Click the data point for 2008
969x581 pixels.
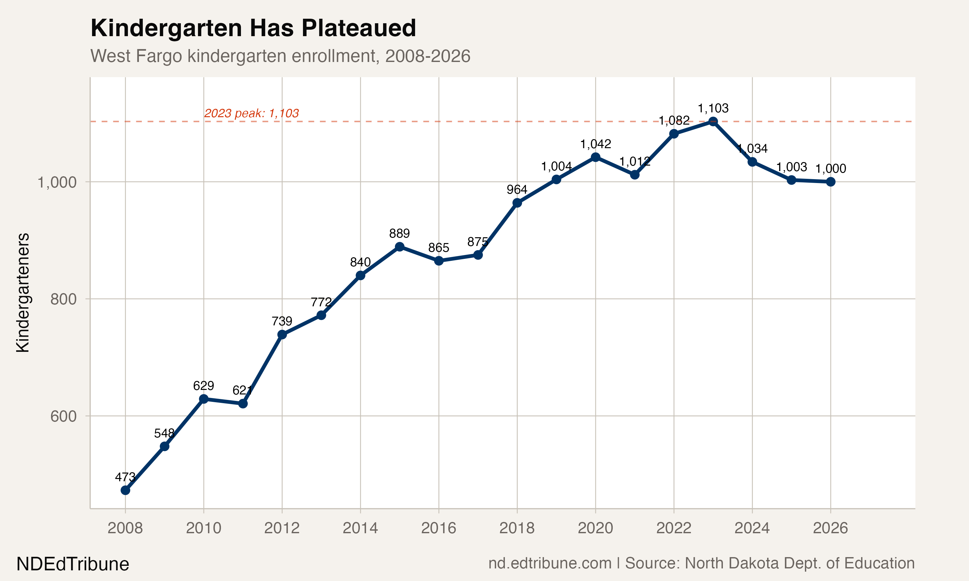[125, 490]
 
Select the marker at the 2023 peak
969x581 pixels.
[713, 121]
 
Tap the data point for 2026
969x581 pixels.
[830, 182]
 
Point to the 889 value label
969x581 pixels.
[399, 234]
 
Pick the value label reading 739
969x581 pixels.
[282, 321]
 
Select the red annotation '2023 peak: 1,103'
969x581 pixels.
[251, 114]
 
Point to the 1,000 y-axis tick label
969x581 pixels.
[57, 182]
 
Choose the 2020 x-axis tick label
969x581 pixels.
[595, 528]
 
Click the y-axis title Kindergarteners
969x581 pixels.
[23, 292]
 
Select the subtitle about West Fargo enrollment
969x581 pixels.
[280, 56]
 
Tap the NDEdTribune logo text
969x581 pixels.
[73, 564]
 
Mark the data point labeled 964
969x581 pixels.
[517, 203]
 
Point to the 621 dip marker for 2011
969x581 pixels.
[243, 403]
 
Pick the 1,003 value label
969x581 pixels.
[791, 167]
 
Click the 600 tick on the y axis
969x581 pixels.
[63, 416]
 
